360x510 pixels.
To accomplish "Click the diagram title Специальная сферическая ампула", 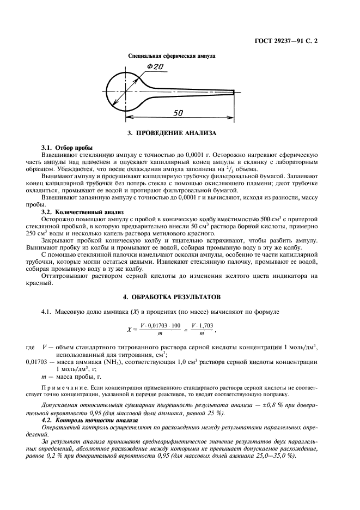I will [x=172, y=56].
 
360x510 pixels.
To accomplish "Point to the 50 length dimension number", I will [x=178, y=113].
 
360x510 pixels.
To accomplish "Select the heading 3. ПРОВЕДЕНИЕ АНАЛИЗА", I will [x=172, y=133].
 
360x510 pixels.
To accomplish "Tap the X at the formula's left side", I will [x=129, y=329].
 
